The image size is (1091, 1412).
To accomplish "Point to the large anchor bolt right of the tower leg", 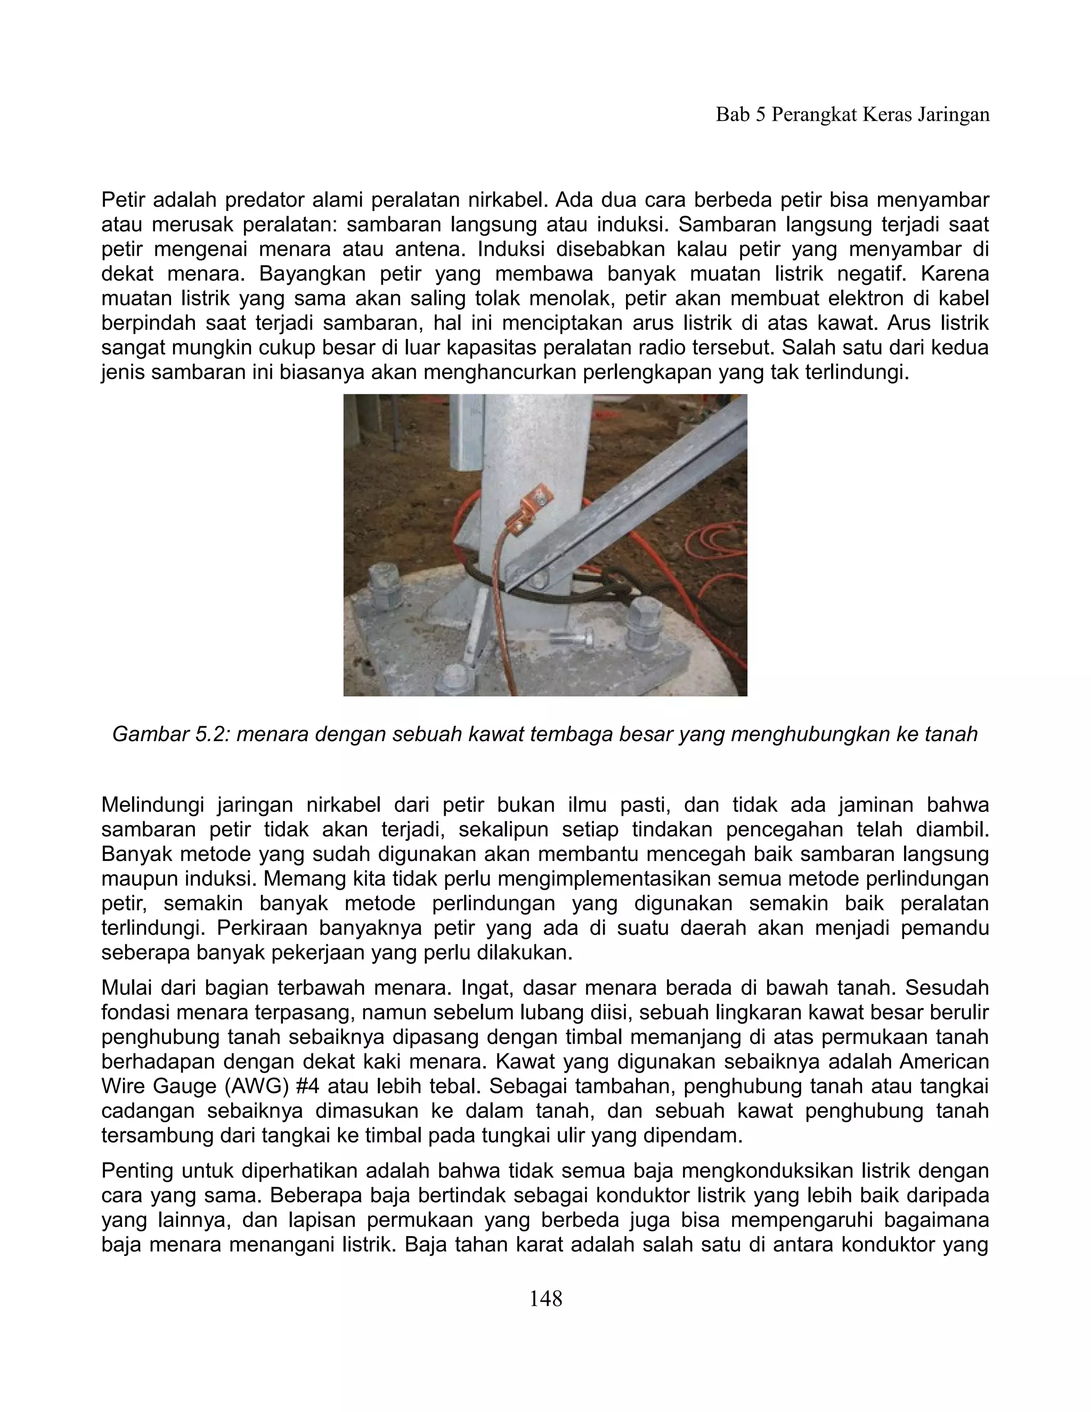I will [643, 623].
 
